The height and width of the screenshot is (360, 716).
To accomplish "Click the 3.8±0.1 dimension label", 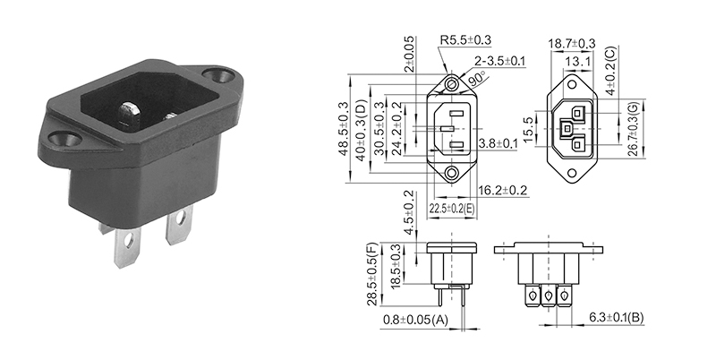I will coord(499,142).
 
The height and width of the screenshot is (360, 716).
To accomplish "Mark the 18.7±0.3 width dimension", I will coord(571,43).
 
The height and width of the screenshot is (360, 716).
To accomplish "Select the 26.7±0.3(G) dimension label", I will coord(633,130).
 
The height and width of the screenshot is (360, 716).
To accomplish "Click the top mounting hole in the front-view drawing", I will coord(453,85).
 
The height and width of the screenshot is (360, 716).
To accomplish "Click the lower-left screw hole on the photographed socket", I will coord(65,141).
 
